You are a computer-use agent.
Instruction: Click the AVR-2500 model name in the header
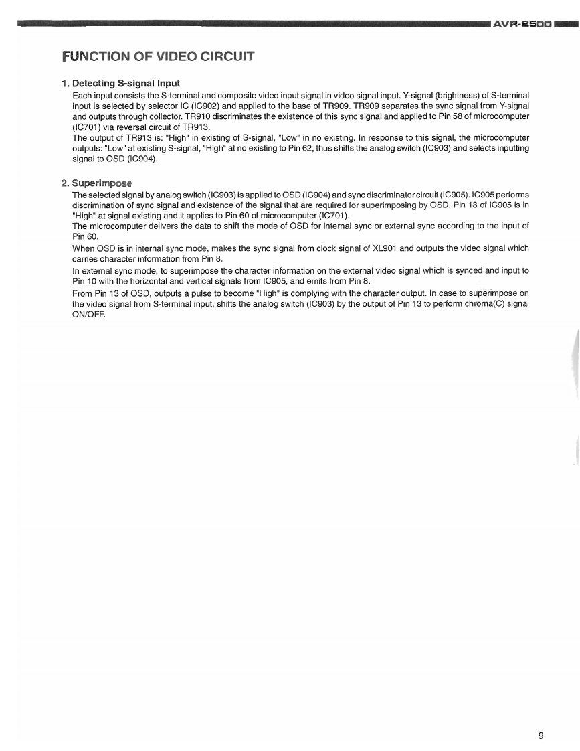[x=522, y=25]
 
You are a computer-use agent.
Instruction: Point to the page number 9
[x=541, y=736]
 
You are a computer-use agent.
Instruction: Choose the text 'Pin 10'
[x=83, y=281]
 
